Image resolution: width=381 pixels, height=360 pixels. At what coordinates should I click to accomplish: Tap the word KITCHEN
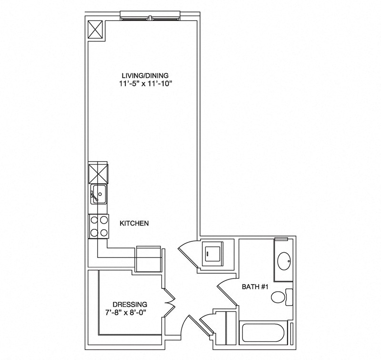135,223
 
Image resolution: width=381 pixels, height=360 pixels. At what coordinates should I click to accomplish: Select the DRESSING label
130,304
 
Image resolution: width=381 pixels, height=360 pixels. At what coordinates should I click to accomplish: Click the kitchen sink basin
99,194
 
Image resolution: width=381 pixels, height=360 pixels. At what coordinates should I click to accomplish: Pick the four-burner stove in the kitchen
99,226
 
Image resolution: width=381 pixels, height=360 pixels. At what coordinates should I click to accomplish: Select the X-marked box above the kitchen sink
98,172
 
